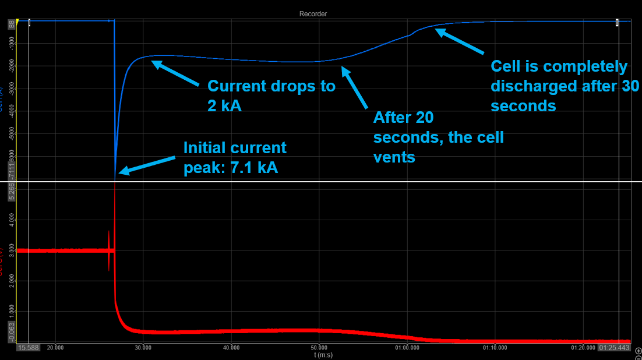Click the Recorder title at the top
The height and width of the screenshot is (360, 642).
coord(313,13)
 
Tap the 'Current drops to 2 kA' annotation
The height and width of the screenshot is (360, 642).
coord(271,96)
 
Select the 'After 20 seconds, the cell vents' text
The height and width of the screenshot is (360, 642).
coord(439,137)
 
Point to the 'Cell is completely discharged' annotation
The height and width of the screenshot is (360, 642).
coord(565,86)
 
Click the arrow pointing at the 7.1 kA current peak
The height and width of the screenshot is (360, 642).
coord(147,164)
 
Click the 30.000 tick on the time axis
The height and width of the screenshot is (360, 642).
coord(143,348)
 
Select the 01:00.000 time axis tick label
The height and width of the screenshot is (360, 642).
coord(407,348)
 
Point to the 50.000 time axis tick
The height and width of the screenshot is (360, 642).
coord(319,348)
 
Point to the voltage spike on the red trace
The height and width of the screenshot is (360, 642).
coord(109,250)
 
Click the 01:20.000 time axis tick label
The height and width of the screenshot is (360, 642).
coord(583,348)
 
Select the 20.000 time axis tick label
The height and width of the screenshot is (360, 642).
coord(55,348)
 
